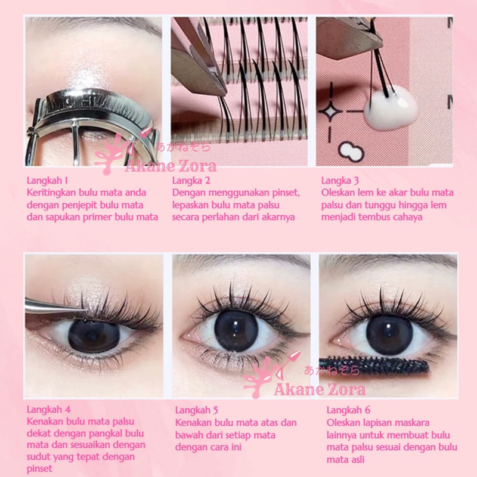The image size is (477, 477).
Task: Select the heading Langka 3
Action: [340, 180]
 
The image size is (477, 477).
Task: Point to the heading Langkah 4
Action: [49, 409]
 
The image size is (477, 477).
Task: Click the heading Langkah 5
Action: [197, 410]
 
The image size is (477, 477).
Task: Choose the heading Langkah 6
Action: [349, 410]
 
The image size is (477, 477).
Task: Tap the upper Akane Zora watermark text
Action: [171, 166]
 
